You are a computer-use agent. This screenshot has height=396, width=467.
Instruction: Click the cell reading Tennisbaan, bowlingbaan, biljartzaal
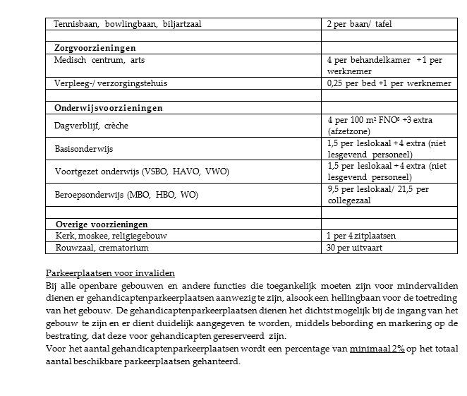click(x=127, y=24)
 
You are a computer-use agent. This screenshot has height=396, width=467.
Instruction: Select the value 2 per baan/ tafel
click(x=359, y=24)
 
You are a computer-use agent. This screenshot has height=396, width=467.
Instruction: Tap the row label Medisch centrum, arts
click(x=99, y=60)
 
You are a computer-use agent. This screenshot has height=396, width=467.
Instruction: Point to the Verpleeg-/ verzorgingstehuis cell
click(x=111, y=83)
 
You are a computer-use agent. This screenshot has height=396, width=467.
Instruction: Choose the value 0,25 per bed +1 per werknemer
click(x=389, y=83)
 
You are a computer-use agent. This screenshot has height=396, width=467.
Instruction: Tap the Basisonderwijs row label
click(x=84, y=149)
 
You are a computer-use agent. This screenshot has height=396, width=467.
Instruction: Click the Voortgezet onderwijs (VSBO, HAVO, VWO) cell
click(x=142, y=171)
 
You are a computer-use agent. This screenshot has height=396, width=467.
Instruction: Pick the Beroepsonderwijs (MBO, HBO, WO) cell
click(x=127, y=193)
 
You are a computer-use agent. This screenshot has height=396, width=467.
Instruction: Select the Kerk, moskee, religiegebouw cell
click(x=111, y=235)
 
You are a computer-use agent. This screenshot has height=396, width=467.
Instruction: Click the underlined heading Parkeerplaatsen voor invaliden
click(x=110, y=273)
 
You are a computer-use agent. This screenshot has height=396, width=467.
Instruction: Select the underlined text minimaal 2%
click(x=380, y=349)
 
